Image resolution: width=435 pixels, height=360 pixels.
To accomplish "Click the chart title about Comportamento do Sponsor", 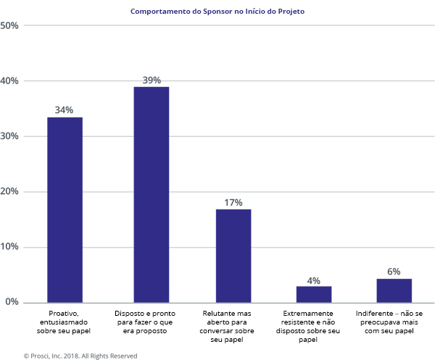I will (217, 12).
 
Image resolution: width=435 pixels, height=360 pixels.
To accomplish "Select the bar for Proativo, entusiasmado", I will (65, 209).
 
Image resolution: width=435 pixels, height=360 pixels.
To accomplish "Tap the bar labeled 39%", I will (151, 194).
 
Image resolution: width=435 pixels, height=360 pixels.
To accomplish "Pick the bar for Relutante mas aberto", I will (233, 256).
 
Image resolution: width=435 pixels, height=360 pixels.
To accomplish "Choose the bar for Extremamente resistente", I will (314, 294).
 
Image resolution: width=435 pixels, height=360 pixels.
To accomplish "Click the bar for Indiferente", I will (394, 290).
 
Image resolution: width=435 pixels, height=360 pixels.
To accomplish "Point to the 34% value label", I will (65, 110).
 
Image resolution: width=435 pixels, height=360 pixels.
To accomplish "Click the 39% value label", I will (151, 80).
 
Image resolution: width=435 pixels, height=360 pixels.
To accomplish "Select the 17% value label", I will (233, 203).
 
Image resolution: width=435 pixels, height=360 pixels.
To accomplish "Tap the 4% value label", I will (314, 280).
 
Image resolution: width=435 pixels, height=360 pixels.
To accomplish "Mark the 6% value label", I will (394, 272).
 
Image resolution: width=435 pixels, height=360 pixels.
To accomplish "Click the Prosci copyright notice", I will (80, 356).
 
